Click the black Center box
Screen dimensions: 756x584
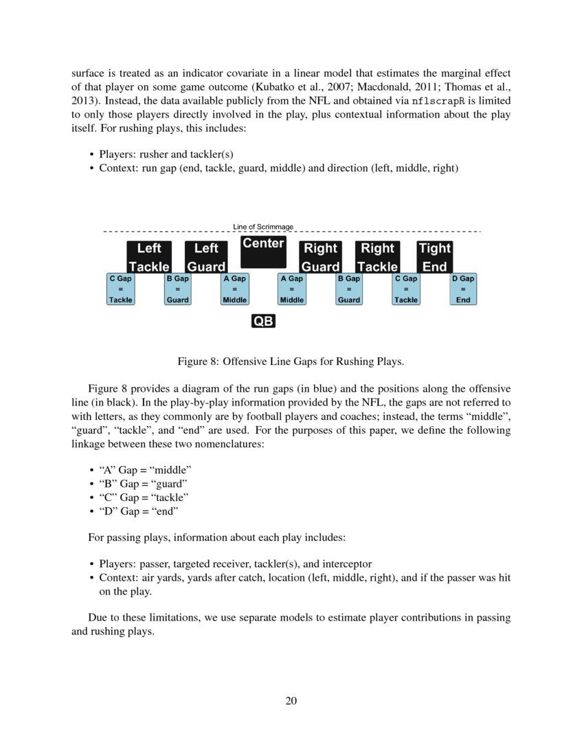[x=263, y=252]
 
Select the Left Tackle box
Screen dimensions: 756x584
[x=149, y=257]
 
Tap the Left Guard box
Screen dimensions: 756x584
[x=206, y=257]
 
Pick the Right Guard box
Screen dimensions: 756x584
[x=320, y=257]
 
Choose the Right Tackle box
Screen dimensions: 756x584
[x=377, y=257]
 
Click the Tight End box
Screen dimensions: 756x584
[x=434, y=257]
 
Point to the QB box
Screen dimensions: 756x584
[x=263, y=321]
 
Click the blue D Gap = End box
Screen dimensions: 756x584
[x=463, y=289]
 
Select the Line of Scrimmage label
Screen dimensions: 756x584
[x=263, y=226]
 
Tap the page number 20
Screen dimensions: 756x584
[x=291, y=701]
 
